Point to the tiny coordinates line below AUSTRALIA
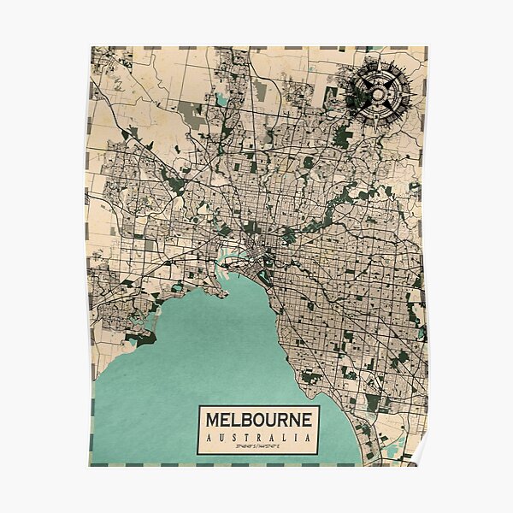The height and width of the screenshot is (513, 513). pos(258,446)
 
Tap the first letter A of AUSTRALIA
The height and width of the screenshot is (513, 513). pos(209,438)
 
